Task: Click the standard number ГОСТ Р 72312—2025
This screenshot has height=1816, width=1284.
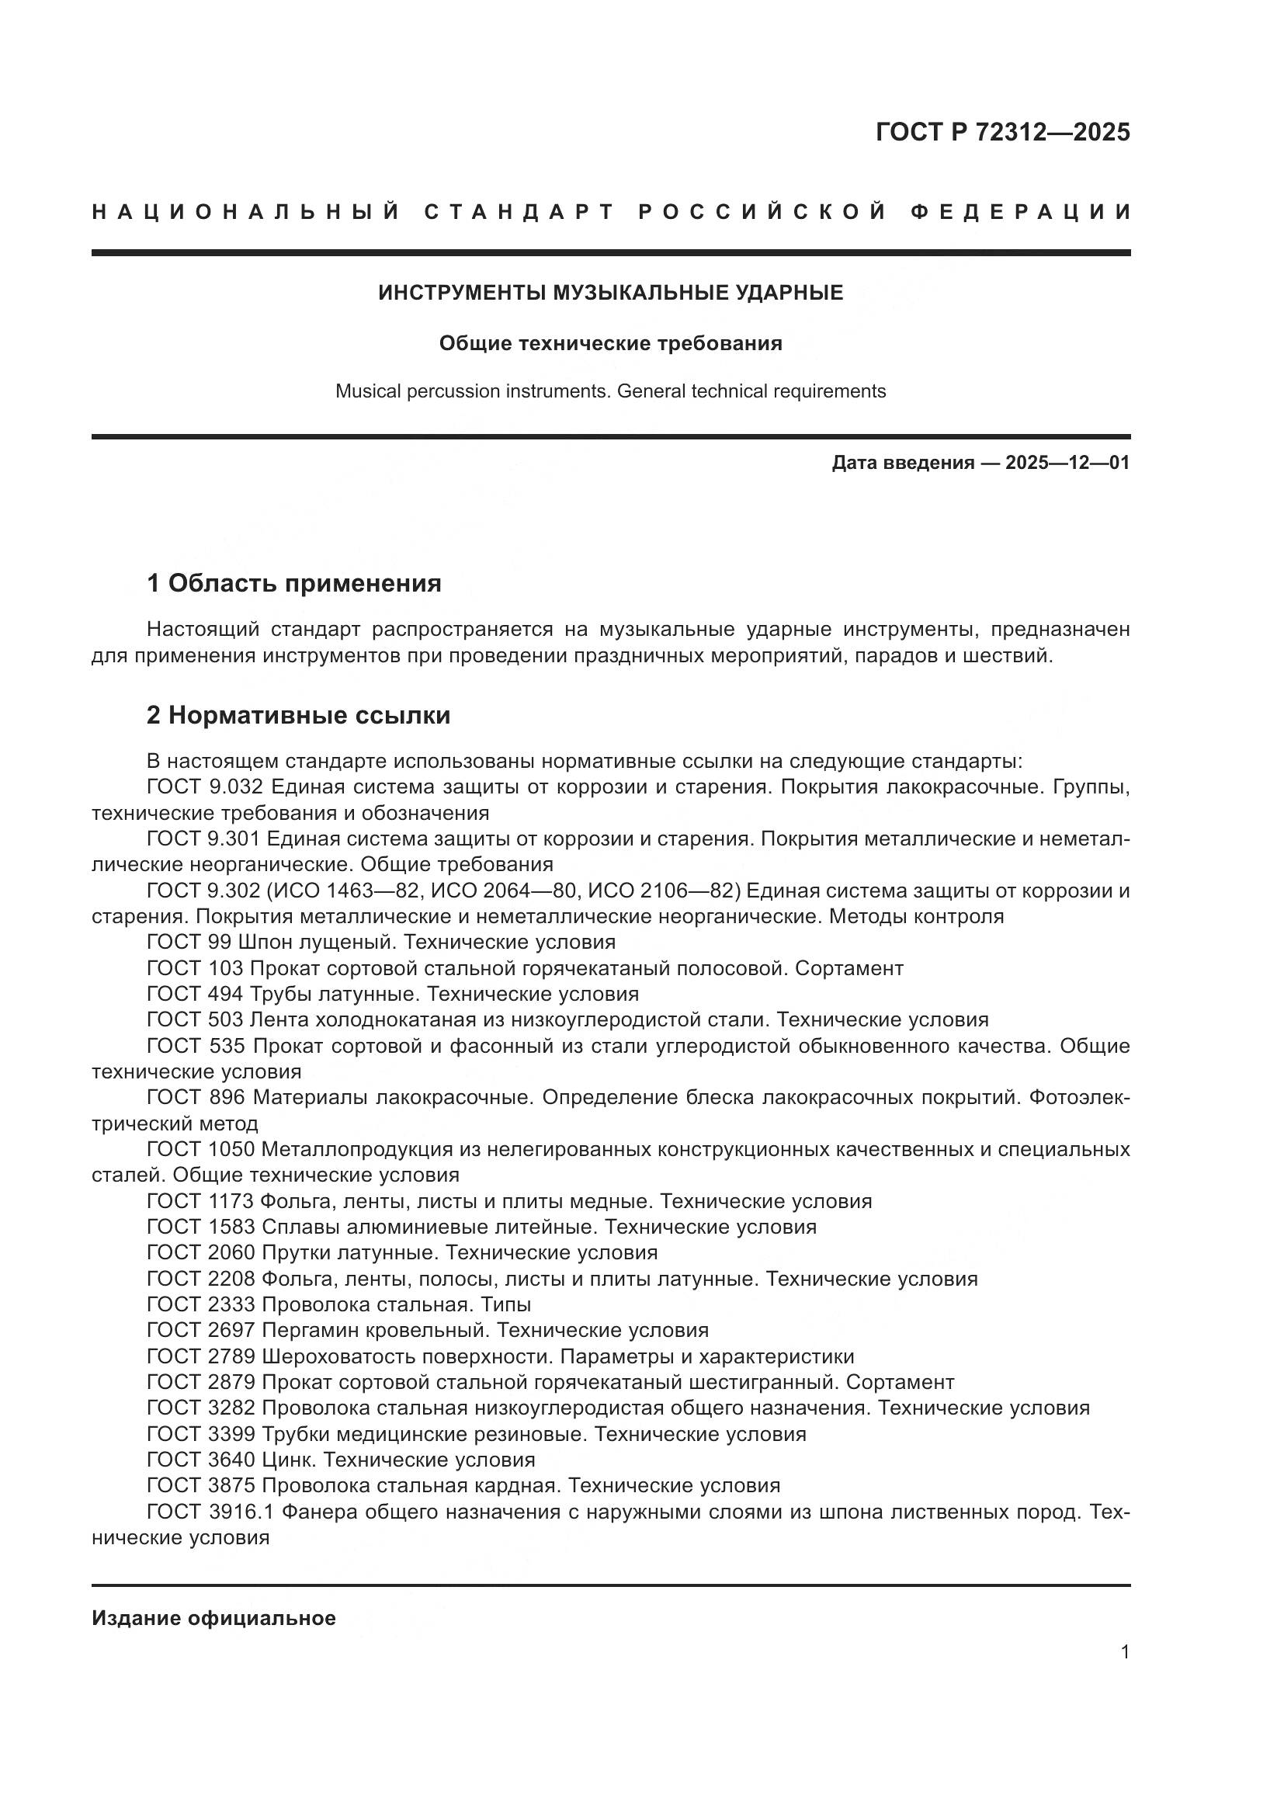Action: coord(1002,132)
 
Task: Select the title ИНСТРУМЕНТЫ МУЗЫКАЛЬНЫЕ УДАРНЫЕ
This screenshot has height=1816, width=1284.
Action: coord(610,293)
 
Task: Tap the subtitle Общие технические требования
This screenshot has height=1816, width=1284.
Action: coord(610,343)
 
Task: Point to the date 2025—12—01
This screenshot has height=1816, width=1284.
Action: coord(1067,463)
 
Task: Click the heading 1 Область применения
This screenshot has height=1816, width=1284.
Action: coord(294,584)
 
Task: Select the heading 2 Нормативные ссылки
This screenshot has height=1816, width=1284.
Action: coord(298,715)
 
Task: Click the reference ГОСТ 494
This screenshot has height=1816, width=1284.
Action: coord(195,994)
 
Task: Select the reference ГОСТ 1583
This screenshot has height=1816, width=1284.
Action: coord(201,1227)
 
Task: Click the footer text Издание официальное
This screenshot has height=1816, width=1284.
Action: coord(213,1618)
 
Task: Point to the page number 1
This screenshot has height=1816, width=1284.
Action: coord(1125,1651)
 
